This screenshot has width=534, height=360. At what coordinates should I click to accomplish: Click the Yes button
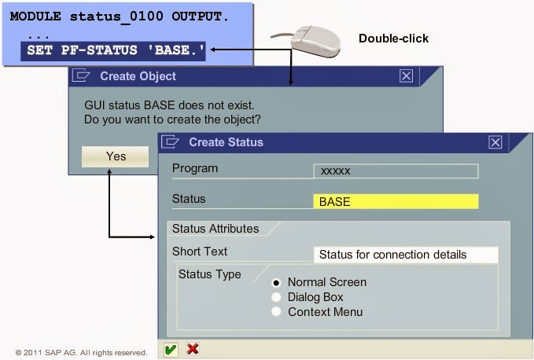coord(116,156)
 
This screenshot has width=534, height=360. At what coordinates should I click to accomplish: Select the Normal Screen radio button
coord(276,282)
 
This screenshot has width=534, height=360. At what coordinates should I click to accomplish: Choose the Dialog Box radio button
coord(276,297)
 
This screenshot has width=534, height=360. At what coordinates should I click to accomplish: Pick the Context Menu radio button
coord(276,312)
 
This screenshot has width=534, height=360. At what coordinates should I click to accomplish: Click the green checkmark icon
coord(171,349)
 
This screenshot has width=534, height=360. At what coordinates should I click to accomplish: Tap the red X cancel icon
coord(193,349)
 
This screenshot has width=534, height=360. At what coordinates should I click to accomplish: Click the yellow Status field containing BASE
coord(395,201)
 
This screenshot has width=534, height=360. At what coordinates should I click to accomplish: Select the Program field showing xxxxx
coord(395,171)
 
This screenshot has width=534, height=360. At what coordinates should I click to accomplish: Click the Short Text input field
coord(405,255)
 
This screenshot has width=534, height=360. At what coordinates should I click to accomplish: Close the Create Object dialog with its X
coord(406,75)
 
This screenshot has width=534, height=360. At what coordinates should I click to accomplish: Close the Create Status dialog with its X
coord(495,142)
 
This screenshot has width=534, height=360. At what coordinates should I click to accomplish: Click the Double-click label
coord(393,39)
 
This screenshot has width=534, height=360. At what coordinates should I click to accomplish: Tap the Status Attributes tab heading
coord(215,229)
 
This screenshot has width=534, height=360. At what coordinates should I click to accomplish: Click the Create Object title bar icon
coord(80,76)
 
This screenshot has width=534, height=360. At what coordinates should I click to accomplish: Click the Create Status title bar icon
coord(170,142)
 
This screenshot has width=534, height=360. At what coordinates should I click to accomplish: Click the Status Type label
coord(209,274)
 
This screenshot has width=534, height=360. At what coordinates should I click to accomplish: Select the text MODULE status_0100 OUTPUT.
coord(120,16)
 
